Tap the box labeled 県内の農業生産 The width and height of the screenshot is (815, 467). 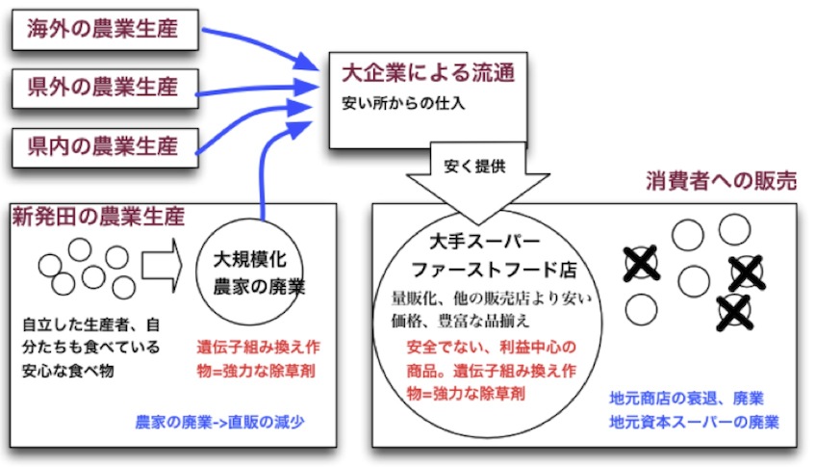coord(103,147)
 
